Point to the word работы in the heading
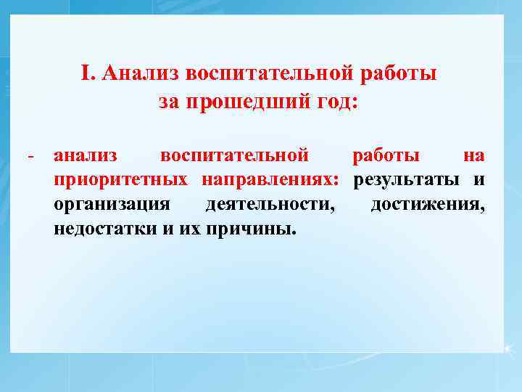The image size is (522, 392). point(398,74)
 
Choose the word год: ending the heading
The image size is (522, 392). point(335,102)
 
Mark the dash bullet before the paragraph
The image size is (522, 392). point(30,156)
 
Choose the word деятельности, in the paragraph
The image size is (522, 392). point(270,205)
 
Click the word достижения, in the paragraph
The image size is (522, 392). point(428,205)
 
